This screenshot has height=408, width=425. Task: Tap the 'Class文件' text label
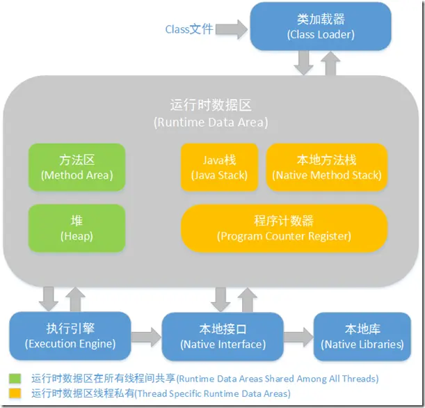tap(189, 29)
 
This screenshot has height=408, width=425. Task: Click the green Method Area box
tap(77, 167)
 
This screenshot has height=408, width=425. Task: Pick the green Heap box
tap(77, 228)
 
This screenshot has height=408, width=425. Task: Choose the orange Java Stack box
tap(219, 167)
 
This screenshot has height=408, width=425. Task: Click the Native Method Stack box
tap(326, 167)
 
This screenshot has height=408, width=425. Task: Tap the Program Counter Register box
tap(284, 228)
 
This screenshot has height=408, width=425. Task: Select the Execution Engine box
tap(70, 337)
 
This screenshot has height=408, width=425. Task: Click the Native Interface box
tap(223, 337)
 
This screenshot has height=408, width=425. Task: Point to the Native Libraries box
tap(362, 337)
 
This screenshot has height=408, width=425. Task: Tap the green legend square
tap(15, 379)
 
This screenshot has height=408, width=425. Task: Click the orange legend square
tap(15, 394)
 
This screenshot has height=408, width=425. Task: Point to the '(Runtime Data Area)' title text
tap(210, 123)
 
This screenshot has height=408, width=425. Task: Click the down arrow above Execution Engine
tap(49, 298)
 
